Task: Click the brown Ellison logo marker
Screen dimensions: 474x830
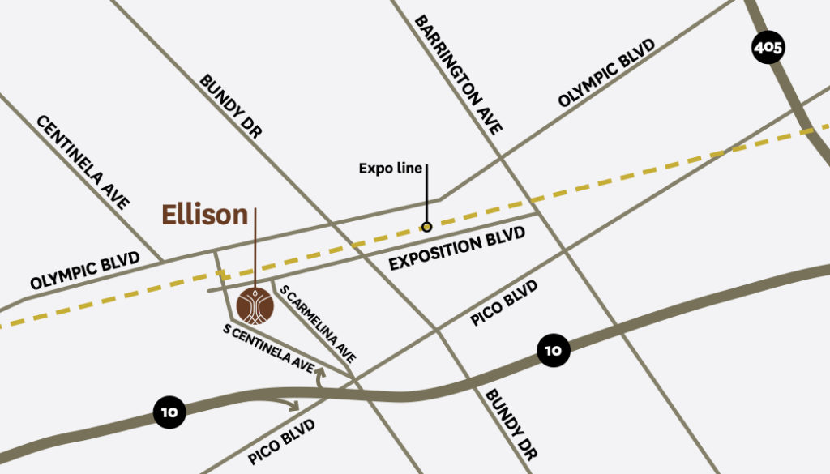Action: click(x=255, y=305)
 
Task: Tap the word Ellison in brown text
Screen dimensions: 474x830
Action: click(x=204, y=215)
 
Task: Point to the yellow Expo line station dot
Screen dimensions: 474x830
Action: click(x=426, y=227)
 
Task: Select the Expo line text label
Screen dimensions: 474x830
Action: click(x=391, y=169)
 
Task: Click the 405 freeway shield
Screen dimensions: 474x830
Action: click(x=767, y=49)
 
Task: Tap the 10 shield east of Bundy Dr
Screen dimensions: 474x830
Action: click(x=553, y=351)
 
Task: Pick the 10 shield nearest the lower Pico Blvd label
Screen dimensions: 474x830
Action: click(x=169, y=412)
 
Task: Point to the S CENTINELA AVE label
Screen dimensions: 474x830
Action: click(x=269, y=348)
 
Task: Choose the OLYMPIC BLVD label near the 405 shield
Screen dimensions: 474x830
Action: click(x=606, y=72)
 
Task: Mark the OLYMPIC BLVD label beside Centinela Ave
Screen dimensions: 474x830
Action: click(x=85, y=271)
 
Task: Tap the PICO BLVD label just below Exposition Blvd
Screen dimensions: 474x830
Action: click(x=503, y=303)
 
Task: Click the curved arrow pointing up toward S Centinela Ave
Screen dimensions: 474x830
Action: click(x=320, y=375)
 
